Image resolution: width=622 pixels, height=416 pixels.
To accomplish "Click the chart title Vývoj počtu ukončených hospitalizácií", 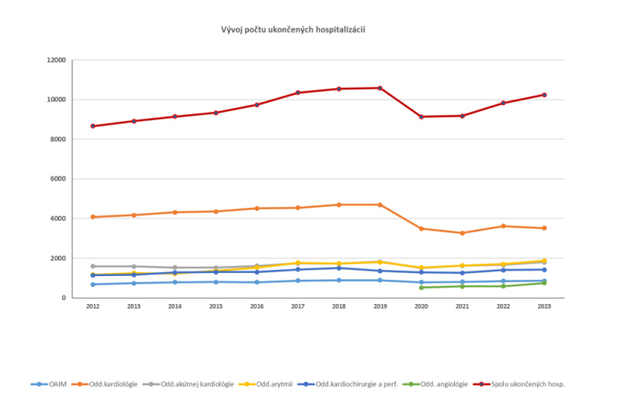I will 294,29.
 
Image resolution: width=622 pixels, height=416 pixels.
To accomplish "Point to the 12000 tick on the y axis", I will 55,60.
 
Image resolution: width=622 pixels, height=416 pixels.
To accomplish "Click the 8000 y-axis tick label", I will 58,139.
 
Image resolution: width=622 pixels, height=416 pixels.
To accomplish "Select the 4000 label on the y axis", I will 58,218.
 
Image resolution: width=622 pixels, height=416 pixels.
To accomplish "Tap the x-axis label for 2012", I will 93,307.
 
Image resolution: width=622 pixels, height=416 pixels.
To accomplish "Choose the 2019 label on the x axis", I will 380,307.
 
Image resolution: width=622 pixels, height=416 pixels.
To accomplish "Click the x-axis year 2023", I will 544,307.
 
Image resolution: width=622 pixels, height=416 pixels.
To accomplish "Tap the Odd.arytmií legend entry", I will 272,384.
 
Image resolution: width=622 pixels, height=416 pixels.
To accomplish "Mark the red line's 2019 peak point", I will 380,88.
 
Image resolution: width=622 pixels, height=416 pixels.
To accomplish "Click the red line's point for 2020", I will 421,117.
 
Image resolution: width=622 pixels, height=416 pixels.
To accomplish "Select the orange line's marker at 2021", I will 463,233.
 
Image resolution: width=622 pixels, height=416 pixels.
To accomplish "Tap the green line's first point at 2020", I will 421,288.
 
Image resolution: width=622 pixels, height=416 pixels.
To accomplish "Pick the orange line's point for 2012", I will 93,217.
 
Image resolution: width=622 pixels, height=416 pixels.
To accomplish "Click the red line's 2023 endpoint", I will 544,95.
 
